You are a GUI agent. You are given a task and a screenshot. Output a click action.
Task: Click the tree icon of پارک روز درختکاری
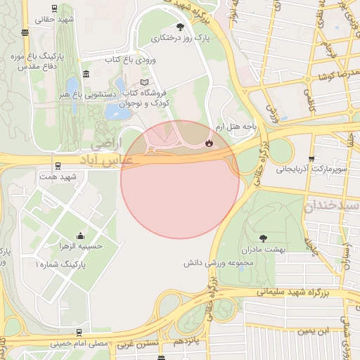coord(180,27)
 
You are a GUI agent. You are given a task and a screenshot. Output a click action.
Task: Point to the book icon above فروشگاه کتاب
coord(145,82)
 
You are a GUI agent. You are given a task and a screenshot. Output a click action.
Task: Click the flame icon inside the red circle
coord(208,143)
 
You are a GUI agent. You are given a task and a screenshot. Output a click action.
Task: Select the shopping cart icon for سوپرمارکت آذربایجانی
coord(311,159)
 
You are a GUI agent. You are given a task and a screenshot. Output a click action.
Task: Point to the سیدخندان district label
coord(332,209)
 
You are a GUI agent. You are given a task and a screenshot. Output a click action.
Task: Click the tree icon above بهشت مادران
coord(263,239)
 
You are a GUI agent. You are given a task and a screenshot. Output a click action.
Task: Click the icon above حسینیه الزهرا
coord(80,236)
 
